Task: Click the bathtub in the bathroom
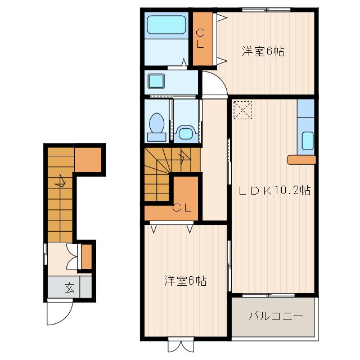(x=166, y=25)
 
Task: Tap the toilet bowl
(x=157, y=127)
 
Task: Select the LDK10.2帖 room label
(x=274, y=190)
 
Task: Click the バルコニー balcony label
(x=276, y=316)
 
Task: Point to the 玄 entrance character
(x=69, y=287)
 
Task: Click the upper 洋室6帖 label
(x=263, y=51)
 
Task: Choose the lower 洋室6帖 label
(x=185, y=281)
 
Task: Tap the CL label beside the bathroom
(x=200, y=38)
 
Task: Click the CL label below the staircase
(x=182, y=208)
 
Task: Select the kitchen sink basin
(x=308, y=141)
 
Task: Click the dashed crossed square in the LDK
(x=242, y=110)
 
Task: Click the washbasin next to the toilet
(x=186, y=133)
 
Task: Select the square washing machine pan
(x=156, y=81)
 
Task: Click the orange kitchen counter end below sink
(x=301, y=160)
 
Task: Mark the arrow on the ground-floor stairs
(x=60, y=181)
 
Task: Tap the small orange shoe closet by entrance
(x=87, y=256)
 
